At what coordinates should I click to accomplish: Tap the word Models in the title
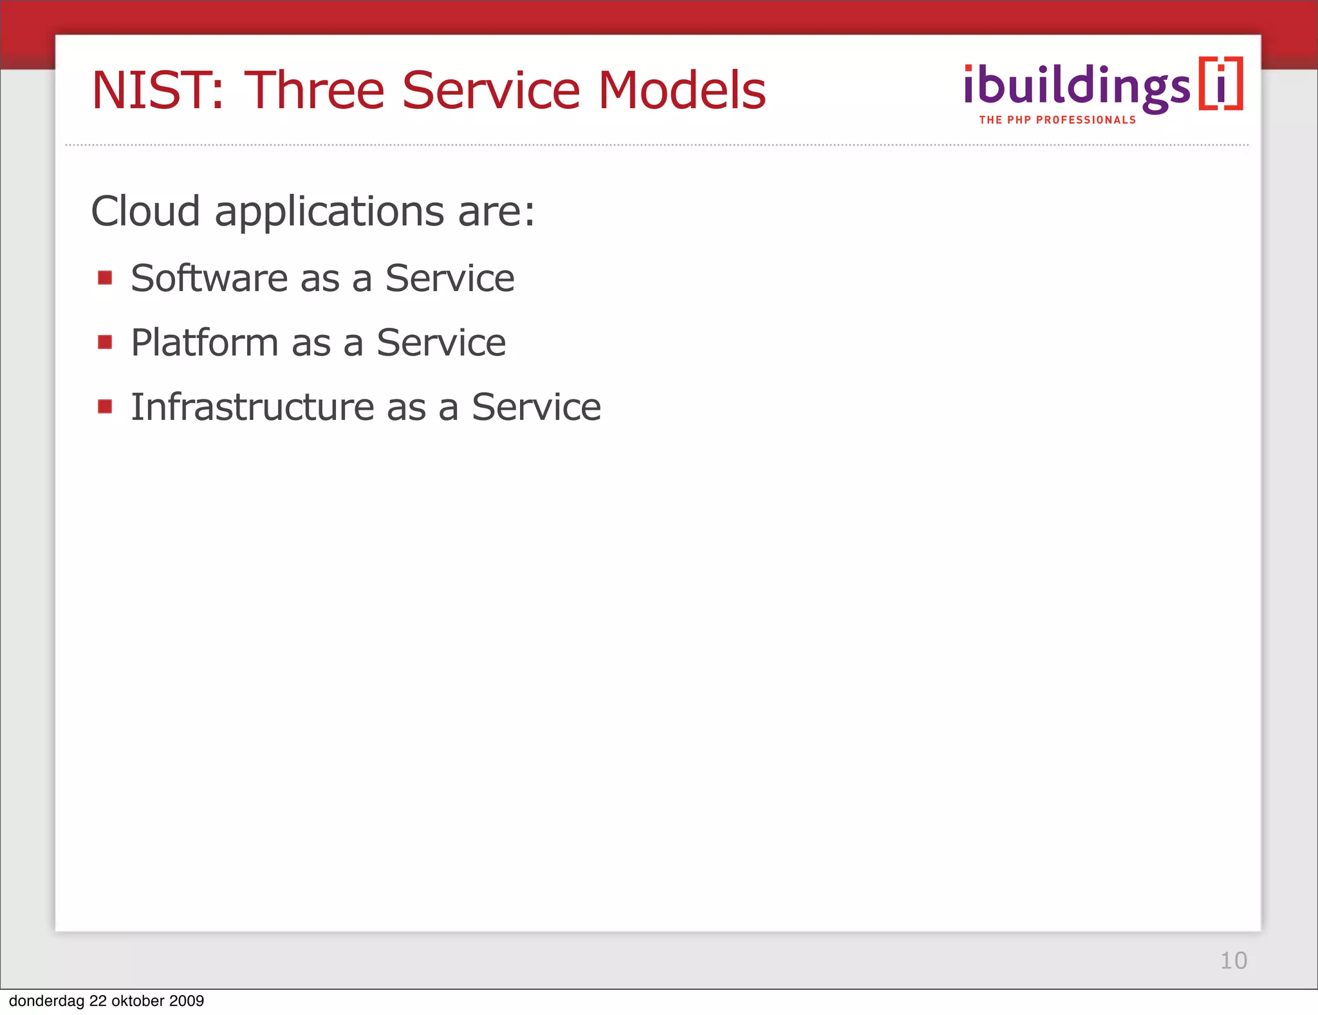[x=682, y=91]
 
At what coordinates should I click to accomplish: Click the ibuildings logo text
[x=1077, y=87]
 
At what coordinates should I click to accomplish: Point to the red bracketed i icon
[x=1221, y=84]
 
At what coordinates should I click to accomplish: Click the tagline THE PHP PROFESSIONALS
[x=1057, y=120]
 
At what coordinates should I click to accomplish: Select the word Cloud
[x=145, y=211]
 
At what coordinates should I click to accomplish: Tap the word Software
[x=209, y=278]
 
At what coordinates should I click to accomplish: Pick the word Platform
[x=205, y=343]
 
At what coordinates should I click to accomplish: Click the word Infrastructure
[x=252, y=407]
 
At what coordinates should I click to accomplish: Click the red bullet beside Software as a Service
[x=105, y=278]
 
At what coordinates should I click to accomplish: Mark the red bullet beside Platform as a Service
[x=105, y=341]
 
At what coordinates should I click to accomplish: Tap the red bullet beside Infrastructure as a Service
[x=105, y=406]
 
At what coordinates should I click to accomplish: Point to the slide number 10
[x=1233, y=960]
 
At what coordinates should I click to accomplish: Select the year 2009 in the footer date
[x=186, y=1001]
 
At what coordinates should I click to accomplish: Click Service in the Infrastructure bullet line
[x=536, y=407]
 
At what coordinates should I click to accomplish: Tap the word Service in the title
[x=491, y=91]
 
